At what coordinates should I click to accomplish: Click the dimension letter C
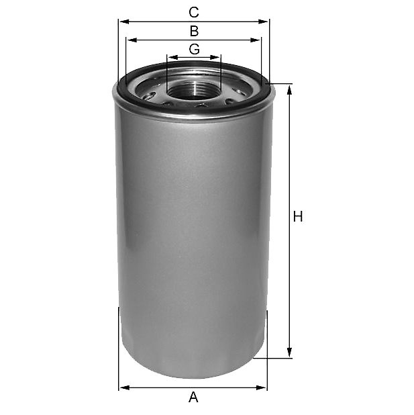coord(194,12)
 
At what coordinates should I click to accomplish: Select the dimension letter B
coord(194,31)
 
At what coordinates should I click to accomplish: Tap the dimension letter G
coord(195,49)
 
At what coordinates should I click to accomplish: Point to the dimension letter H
coord(298,216)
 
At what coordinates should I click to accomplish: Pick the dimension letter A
coord(193,398)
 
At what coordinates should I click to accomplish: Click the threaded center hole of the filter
coord(194,90)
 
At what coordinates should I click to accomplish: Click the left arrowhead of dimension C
coord(124,21)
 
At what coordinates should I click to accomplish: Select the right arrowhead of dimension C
coord(263,21)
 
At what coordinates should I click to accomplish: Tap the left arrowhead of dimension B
coord(132,40)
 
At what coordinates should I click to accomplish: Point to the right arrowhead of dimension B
coord(255,40)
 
